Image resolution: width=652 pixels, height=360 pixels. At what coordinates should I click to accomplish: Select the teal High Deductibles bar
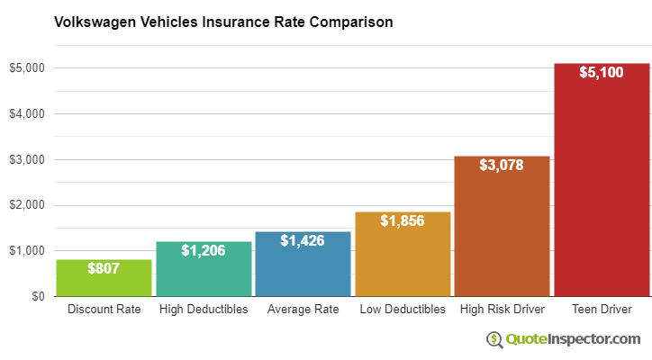click(204, 270)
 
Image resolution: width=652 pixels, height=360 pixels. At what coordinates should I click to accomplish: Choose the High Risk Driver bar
click(502, 229)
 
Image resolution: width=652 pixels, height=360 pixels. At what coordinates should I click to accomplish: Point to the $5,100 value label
click(602, 72)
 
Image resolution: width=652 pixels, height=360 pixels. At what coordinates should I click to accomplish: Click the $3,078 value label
click(502, 165)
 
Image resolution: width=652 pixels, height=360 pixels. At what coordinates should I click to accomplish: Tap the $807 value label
click(104, 268)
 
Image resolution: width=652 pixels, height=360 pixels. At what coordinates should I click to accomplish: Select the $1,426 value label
click(303, 240)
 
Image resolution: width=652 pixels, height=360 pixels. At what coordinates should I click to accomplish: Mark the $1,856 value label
click(403, 220)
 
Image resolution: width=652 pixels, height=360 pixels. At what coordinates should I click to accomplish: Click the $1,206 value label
click(204, 250)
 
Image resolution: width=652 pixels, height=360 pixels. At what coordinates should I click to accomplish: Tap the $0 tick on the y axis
click(37, 296)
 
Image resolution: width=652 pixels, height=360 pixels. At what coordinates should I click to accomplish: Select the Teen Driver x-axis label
click(602, 310)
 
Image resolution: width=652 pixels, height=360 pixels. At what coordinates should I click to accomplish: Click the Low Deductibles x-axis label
click(403, 310)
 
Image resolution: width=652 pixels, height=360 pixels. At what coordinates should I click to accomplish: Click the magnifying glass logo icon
click(494, 339)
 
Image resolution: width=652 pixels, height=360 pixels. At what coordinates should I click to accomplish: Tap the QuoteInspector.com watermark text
click(572, 339)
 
